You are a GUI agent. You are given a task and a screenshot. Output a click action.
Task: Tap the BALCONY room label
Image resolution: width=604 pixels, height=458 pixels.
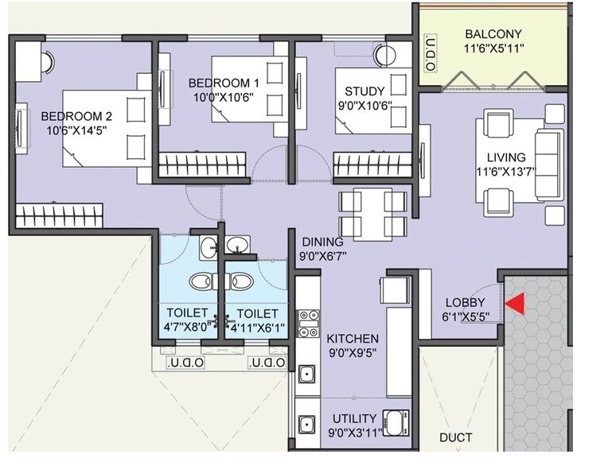493,34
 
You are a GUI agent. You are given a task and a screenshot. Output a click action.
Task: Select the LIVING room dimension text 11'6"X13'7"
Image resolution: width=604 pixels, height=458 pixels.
507,172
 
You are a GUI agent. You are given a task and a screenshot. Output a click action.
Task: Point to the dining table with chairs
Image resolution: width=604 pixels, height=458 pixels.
373,212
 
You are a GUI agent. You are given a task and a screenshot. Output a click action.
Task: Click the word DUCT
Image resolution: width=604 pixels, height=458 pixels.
455,437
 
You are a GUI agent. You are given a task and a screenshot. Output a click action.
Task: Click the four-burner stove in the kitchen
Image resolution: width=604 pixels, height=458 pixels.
307,324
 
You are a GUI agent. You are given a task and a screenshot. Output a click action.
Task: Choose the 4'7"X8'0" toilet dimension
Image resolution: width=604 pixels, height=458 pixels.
187,327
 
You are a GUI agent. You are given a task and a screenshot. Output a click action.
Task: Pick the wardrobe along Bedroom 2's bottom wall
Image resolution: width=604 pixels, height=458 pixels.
60,215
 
